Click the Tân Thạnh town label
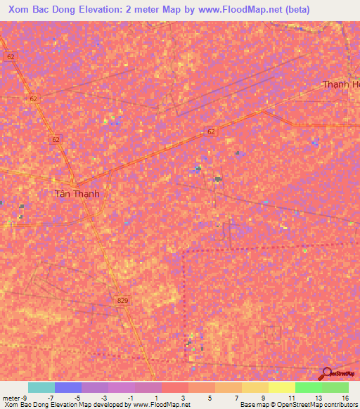click(x=77, y=194)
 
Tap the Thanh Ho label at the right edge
click(x=341, y=84)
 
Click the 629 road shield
click(x=122, y=301)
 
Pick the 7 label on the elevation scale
click(x=237, y=398)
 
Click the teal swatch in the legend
click(x=41, y=387)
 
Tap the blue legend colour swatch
click(x=68, y=387)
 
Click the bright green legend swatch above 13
click(x=309, y=387)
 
